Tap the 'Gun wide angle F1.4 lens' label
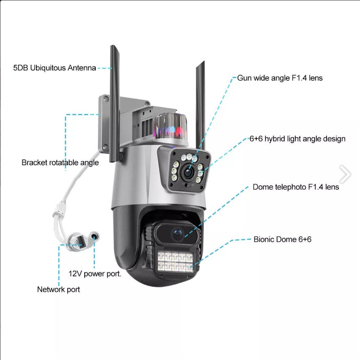tap(280, 78)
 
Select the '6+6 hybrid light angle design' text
tap(297, 139)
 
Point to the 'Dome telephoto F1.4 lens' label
tap(296, 187)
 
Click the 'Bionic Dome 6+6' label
tap(282, 239)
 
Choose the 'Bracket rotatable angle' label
tap(60, 163)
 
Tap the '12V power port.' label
tap(95, 274)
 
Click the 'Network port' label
tap(58, 290)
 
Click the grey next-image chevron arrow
tap(345, 174)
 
